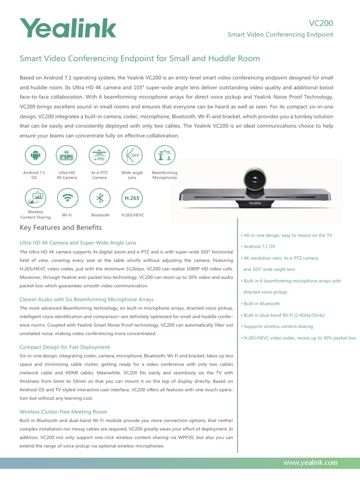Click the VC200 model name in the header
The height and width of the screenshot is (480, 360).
click(x=321, y=23)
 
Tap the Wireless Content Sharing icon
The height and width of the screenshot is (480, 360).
click(x=34, y=197)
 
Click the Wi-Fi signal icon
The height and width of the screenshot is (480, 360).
click(x=67, y=197)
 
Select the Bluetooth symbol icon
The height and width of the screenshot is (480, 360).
click(x=99, y=197)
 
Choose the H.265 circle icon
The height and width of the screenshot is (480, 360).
click(x=132, y=197)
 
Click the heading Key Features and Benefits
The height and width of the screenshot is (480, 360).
click(x=60, y=228)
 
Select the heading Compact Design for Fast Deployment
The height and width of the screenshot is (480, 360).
click(x=65, y=347)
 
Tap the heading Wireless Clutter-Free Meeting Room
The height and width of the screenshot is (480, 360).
click(x=63, y=412)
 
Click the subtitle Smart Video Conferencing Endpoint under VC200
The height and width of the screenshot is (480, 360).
click(x=280, y=35)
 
